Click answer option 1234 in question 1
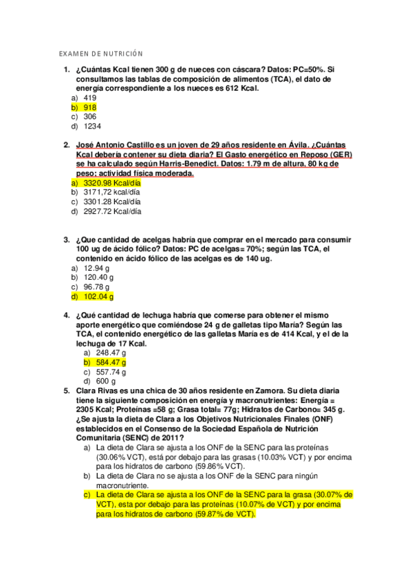[92, 126]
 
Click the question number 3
[66, 240]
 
